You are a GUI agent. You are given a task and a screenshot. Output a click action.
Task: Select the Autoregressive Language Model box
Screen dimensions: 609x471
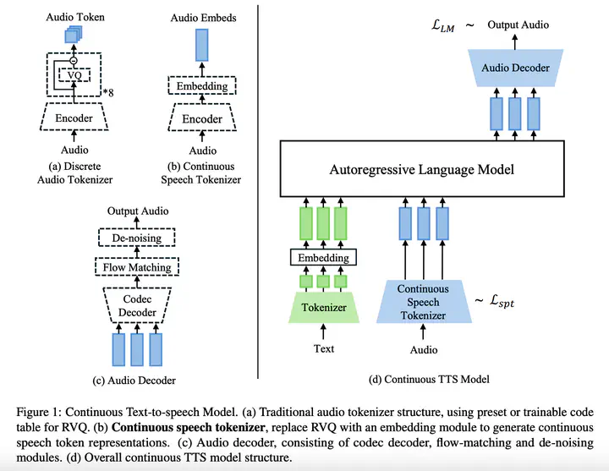click(x=422, y=169)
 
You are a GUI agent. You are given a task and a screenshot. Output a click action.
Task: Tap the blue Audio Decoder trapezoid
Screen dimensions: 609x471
click(x=515, y=68)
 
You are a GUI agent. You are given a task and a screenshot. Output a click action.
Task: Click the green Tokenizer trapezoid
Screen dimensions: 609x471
click(x=324, y=308)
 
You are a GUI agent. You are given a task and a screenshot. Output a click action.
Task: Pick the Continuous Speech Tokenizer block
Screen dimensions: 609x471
click(x=424, y=302)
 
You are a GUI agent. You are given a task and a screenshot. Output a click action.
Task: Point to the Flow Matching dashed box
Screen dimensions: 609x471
click(x=137, y=267)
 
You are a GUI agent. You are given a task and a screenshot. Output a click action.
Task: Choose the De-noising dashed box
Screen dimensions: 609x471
click(x=137, y=238)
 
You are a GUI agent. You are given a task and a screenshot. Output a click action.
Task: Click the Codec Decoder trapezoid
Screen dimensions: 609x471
click(x=137, y=305)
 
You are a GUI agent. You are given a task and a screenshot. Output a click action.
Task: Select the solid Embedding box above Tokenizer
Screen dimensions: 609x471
click(x=323, y=257)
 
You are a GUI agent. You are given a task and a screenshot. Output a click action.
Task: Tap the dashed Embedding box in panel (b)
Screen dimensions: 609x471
click(x=202, y=85)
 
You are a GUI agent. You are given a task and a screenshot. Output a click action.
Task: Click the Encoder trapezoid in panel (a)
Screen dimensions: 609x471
click(x=74, y=118)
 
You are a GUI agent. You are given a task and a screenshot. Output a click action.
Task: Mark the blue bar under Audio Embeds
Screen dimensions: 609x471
click(x=201, y=46)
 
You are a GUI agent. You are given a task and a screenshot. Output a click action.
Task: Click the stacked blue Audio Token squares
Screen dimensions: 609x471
click(x=74, y=34)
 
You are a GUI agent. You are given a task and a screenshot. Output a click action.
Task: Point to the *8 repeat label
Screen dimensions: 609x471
click(x=108, y=92)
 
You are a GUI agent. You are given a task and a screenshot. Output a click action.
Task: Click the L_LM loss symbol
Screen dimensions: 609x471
click(x=442, y=25)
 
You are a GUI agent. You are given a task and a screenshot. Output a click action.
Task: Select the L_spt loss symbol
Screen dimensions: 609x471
click(x=502, y=300)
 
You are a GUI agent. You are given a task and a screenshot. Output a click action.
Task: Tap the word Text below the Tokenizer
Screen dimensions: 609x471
click(x=324, y=348)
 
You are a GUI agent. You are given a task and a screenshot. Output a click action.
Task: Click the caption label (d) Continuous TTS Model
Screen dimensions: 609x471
click(x=429, y=379)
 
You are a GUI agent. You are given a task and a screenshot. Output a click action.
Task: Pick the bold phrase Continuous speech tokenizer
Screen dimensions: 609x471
click(x=189, y=427)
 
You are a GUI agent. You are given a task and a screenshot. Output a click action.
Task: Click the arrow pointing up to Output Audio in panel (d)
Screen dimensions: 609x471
click(x=515, y=42)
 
